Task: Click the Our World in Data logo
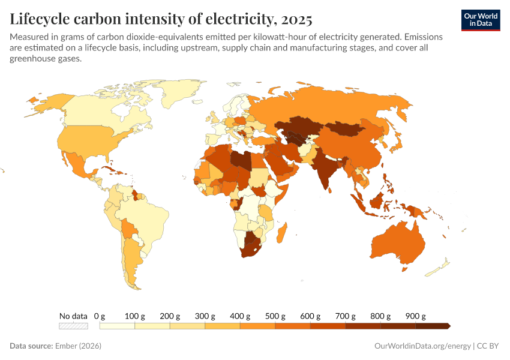tap(480, 20)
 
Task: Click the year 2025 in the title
tap(295, 19)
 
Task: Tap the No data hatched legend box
tap(73, 326)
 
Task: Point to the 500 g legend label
tap(275, 316)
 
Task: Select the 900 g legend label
tap(415, 316)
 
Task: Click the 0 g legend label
tap(100, 316)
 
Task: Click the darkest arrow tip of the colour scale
tap(448, 326)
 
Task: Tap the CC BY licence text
tap(489, 346)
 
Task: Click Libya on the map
tap(242, 161)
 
